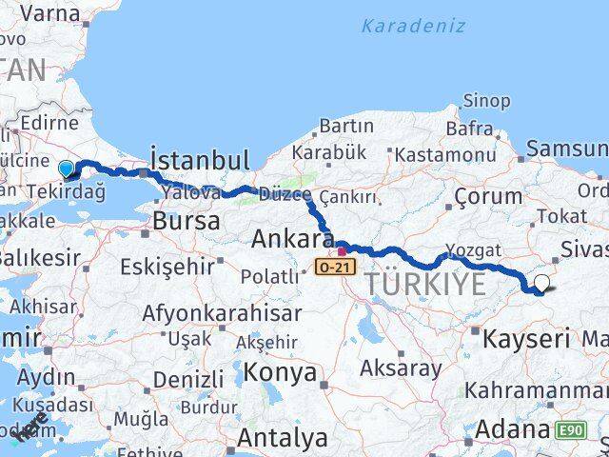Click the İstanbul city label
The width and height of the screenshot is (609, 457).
click(200, 158)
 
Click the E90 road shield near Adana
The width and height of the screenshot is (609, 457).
click(572, 430)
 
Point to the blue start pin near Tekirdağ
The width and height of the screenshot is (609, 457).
click(66, 169)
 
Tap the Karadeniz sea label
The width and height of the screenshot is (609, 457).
click(413, 26)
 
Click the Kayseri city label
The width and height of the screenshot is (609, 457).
click(526, 337)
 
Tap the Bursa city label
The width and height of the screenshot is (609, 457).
click(187, 221)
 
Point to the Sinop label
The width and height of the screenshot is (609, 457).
click(487, 100)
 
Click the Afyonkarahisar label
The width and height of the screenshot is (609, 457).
click(222, 312)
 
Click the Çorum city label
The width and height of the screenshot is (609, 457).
click(488, 197)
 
